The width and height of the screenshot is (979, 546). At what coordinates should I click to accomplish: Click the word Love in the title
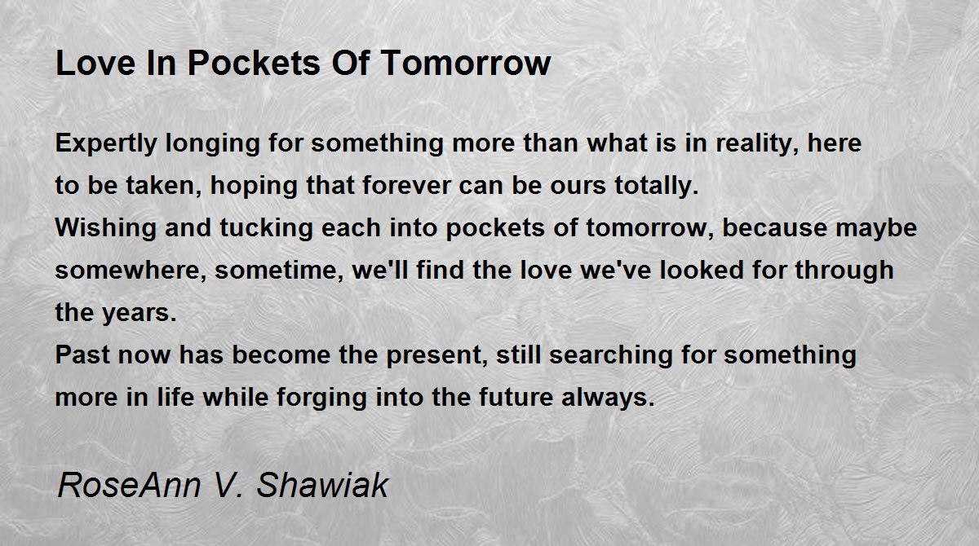95,64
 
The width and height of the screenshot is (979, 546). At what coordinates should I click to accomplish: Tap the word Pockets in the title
254,64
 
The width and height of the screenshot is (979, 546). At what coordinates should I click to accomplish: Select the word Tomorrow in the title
467,64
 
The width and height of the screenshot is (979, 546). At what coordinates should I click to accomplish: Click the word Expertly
106,144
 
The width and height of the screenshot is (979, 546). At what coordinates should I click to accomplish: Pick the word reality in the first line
757,144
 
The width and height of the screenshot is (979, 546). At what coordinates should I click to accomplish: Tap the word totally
657,186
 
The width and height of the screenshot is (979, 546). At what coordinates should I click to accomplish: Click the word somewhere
131,271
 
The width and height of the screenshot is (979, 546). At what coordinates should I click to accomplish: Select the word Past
82,354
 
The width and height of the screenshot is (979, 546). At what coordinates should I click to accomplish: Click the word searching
610,355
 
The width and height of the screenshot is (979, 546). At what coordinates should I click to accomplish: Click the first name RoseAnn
130,485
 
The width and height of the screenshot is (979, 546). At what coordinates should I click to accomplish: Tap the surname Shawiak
322,485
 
